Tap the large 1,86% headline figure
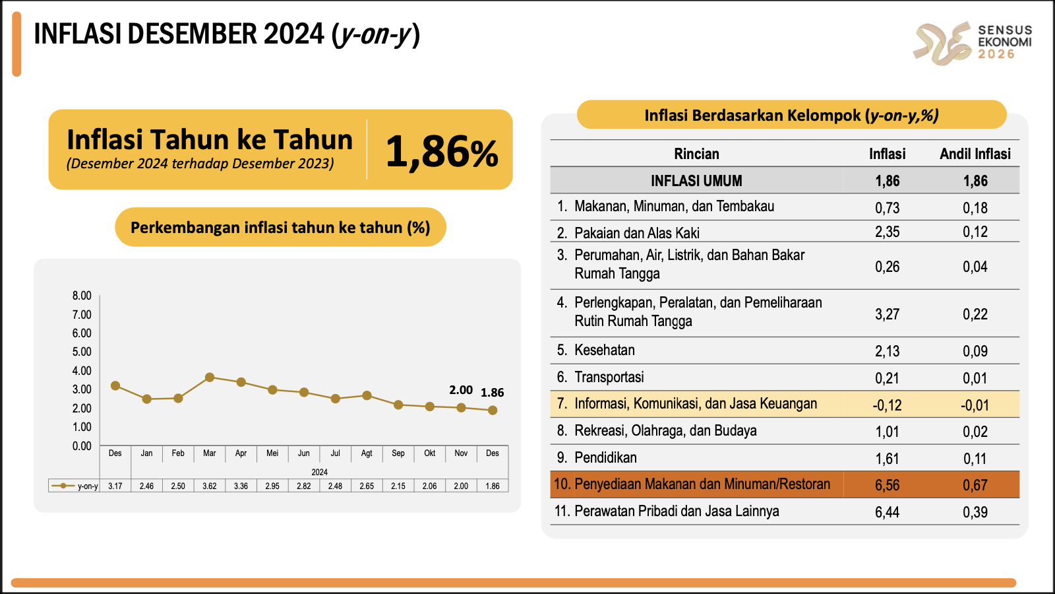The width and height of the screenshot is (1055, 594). pos(442,151)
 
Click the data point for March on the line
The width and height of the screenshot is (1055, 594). pos(210,377)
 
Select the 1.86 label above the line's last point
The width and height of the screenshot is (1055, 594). pos(492,392)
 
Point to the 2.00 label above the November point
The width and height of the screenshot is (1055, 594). pos(461,390)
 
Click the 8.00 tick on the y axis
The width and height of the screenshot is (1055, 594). pos(82,296)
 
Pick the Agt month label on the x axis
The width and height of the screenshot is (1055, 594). pos(367,453)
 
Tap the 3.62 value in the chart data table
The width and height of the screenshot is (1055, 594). pos(210,486)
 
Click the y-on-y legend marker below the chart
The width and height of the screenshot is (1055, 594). pos(63,486)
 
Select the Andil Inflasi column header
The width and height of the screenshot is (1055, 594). pos(975,154)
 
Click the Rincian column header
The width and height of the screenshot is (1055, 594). pos(696,154)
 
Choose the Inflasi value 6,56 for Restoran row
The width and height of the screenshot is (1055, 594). pos(888,484)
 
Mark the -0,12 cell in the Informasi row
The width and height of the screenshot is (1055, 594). pos(887,405)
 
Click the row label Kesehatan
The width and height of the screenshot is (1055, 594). pos(604,350)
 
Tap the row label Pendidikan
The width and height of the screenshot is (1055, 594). pos(605,457)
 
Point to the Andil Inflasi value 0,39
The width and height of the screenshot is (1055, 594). pos(975,512)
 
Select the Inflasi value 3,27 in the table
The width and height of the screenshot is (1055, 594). pos(888,314)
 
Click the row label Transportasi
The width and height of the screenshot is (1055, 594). pos(609,377)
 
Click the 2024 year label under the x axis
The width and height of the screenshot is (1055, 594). pos(319,472)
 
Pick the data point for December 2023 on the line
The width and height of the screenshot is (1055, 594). pos(115,385)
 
